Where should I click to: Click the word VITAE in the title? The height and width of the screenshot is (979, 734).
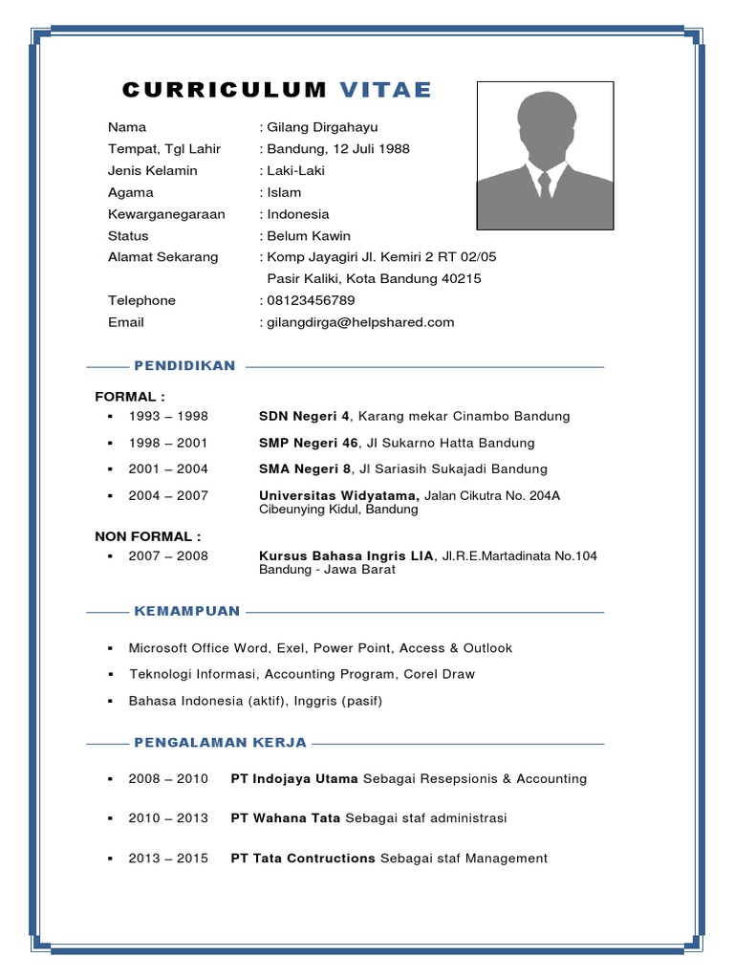pos(385,91)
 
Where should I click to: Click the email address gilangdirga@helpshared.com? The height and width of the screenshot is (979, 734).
pos(360,323)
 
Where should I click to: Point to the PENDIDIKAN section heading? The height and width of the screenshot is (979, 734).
pos(184,366)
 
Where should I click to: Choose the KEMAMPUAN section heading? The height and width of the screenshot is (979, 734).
pos(187,611)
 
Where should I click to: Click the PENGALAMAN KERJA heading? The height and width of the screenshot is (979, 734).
pos(221,742)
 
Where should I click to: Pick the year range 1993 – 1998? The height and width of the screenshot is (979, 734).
pos(168,417)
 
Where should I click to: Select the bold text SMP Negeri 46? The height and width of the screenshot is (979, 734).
pos(309,444)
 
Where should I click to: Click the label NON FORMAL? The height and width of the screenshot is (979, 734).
pos(145,536)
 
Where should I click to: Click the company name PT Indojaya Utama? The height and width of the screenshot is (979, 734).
pos(294,779)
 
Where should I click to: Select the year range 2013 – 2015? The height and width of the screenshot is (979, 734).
pos(168,859)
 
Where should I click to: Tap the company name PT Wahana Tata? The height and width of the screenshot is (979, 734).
pos(286,818)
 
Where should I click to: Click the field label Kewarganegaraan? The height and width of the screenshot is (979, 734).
pos(166,214)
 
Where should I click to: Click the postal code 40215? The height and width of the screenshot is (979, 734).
pos(461,279)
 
